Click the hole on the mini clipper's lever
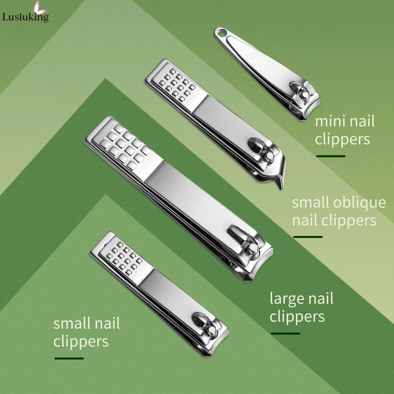[x=222, y=33]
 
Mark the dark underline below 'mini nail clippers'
[x=331, y=156]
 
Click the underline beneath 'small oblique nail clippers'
[x=308, y=237]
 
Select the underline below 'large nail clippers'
[x=285, y=334]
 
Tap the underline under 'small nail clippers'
[x=69, y=358]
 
